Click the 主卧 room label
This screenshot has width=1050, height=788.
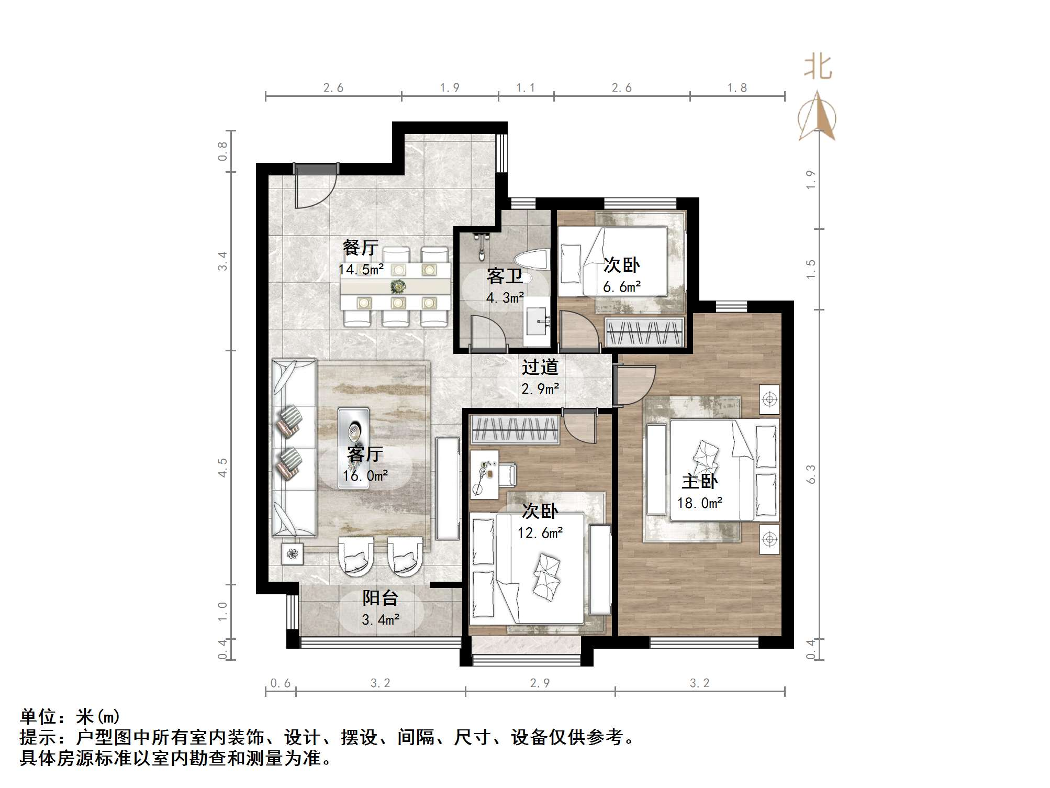tap(699, 481)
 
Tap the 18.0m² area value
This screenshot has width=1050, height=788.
tap(699, 503)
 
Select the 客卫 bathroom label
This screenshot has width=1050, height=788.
tap(505, 276)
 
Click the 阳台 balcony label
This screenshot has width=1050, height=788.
tap(381, 598)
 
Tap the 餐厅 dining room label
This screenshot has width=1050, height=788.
tap(360, 248)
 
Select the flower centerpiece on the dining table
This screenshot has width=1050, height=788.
tap(398, 286)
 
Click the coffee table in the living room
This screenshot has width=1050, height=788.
tap(354, 448)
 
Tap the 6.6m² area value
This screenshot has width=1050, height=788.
tap(621, 287)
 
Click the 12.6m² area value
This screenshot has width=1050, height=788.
tap(540, 533)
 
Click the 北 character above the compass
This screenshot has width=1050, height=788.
tap(818, 68)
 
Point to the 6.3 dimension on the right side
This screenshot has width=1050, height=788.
tap(811, 474)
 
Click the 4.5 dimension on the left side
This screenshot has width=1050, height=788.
tap(223, 467)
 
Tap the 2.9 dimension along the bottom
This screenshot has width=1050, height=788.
tap(540, 683)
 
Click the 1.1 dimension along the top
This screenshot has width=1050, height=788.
tap(526, 88)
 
